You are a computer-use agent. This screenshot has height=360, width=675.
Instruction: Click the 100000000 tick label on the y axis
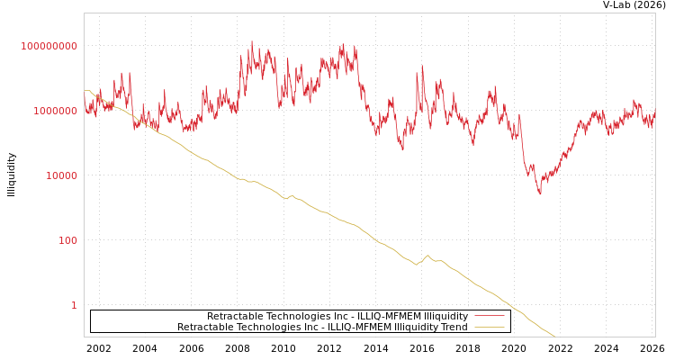click(x=49, y=46)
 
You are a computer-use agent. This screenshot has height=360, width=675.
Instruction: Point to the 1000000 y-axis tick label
click(x=55, y=111)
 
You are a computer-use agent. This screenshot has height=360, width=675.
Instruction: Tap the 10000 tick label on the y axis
click(x=61, y=175)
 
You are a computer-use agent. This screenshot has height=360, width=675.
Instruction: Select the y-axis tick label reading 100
click(x=68, y=240)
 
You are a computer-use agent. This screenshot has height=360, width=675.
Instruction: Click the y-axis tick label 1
click(x=74, y=305)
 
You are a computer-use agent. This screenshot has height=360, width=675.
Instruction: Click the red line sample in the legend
click(x=489, y=317)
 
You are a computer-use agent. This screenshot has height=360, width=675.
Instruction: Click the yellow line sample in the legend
click(x=489, y=328)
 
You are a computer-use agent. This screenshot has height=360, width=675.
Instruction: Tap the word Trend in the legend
click(x=453, y=328)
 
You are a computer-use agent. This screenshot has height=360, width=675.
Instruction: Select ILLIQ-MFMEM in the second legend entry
click(x=359, y=328)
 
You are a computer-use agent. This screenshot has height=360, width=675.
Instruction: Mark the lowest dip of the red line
click(x=540, y=193)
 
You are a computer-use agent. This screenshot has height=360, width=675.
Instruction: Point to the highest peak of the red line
click(x=251, y=41)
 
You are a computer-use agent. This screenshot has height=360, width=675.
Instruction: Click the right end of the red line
click(x=654, y=113)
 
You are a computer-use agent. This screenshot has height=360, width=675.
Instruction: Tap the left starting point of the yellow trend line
click(x=85, y=91)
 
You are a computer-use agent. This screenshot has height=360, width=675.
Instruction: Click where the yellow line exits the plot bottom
click(x=554, y=337)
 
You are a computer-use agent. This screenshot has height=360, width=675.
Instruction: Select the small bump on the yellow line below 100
click(x=427, y=256)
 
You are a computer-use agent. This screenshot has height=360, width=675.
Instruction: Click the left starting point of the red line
click(x=85, y=106)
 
